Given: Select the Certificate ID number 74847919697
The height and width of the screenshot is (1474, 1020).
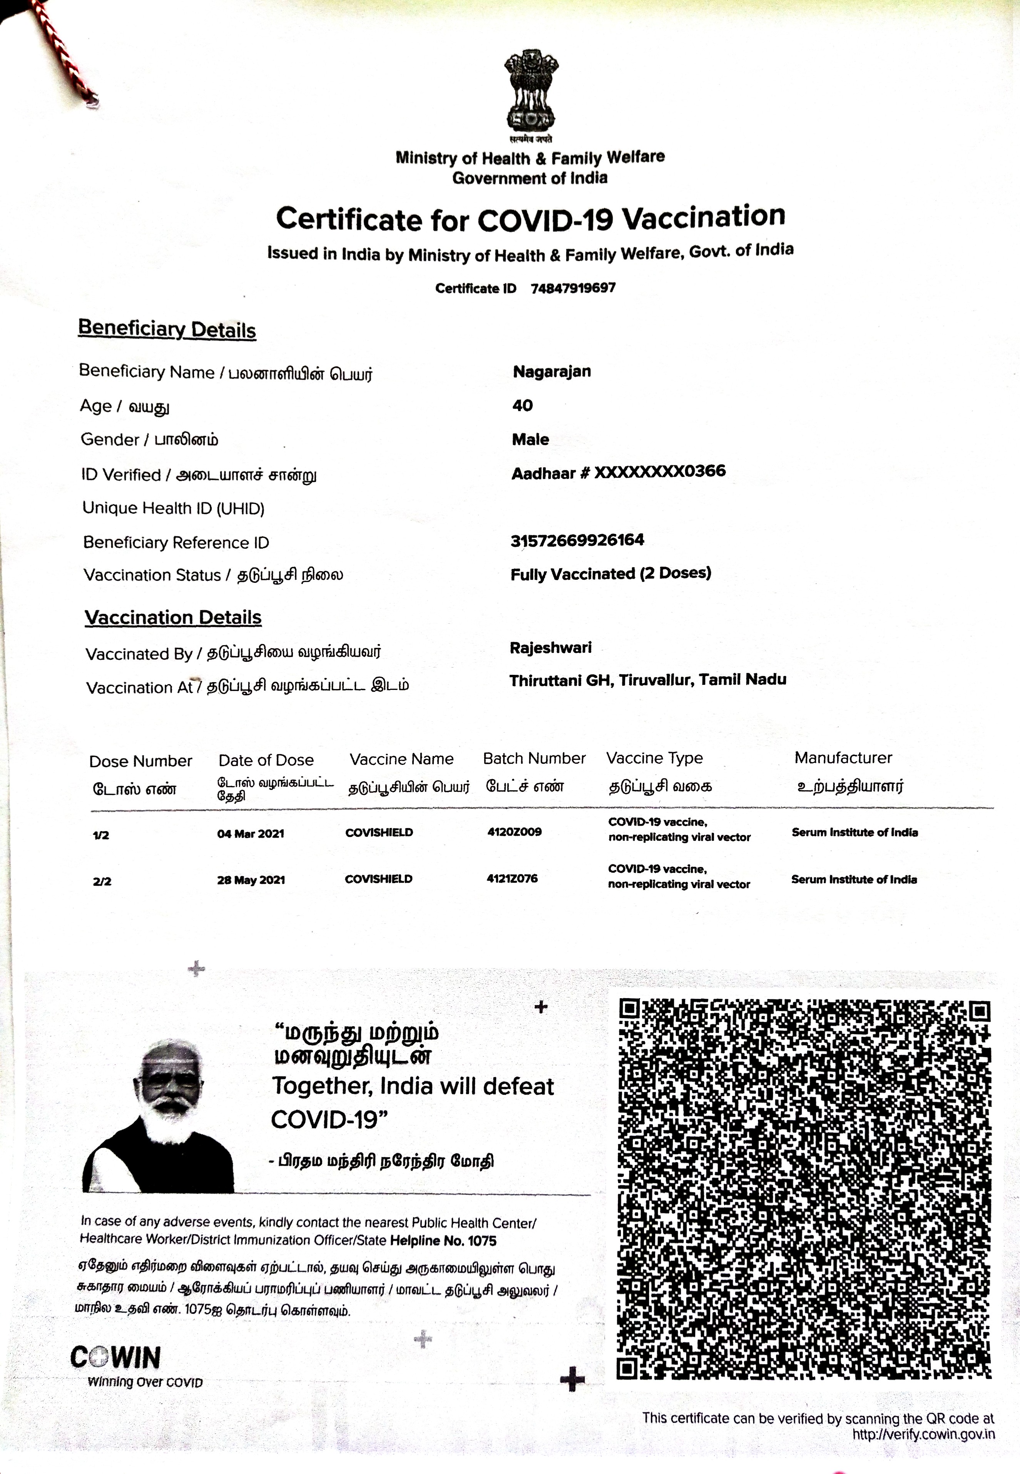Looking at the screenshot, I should (x=573, y=288).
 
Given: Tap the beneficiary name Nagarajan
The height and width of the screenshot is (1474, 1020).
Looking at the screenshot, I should (x=552, y=371).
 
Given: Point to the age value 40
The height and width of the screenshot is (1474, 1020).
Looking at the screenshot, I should (x=522, y=405).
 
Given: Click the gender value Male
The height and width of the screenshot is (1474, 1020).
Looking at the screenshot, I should (x=530, y=440).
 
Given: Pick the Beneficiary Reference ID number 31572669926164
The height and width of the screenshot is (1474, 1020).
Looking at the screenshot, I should (x=577, y=540).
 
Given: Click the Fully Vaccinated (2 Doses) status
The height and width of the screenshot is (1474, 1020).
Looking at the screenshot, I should (x=610, y=573).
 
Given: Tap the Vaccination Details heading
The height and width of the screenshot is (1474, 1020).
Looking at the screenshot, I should (x=173, y=617).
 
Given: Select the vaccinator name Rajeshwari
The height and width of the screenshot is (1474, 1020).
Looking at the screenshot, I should (x=550, y=647).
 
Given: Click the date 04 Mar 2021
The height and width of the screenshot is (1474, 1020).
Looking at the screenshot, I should (x=251, y=833).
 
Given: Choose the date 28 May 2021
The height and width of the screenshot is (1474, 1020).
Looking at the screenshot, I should (x=251, y=880).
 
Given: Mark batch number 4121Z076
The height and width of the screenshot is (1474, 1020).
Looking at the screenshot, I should (x=512, y=878).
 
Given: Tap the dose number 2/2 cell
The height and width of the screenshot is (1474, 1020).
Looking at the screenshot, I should (x=102, y=882).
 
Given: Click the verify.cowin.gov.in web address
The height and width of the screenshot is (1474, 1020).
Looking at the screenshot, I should (x=923, y=1434).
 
